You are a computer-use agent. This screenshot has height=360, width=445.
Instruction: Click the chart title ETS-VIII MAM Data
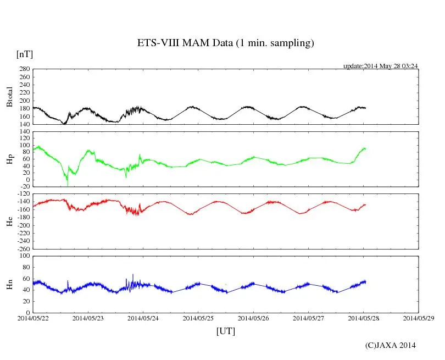225,43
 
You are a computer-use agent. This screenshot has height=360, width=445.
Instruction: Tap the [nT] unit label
25,54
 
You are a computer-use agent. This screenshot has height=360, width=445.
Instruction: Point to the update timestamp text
381,66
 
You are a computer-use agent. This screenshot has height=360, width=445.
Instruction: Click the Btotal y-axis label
9,97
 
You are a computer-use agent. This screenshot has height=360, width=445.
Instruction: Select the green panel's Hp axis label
9,159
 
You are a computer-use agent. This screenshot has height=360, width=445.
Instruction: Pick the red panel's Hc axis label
9,221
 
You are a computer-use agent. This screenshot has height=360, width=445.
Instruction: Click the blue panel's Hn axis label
9,284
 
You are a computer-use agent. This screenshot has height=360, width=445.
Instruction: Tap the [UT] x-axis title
226,331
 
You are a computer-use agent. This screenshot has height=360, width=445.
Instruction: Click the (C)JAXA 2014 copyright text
391,345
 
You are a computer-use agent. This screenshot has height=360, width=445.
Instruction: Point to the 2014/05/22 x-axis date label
33,318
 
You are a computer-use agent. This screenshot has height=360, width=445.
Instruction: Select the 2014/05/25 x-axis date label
198,318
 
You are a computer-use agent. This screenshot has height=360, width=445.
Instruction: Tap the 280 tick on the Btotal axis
24,69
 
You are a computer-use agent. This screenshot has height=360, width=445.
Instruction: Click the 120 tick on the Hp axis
24,132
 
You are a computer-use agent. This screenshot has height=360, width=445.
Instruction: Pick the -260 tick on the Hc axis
22,248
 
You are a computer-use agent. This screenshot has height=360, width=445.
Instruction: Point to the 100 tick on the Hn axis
24,256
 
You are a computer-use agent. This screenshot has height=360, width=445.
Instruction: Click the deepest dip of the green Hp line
68,185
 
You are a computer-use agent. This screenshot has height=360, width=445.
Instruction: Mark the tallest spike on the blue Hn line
132,274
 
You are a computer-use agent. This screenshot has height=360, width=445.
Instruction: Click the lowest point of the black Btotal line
64,124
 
